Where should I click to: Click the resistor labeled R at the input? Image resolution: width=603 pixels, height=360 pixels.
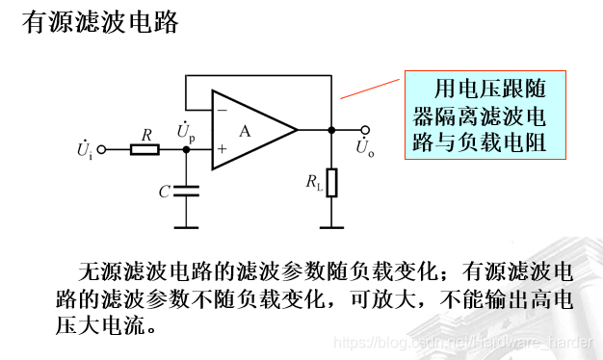coord(145,149)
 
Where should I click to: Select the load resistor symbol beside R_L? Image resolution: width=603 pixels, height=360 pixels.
coord(331,182)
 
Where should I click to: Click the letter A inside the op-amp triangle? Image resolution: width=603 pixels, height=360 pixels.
coord(246,131)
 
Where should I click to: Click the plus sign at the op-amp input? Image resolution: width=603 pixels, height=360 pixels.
coord(222,149)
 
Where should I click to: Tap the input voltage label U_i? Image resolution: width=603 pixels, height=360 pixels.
coord(84,150)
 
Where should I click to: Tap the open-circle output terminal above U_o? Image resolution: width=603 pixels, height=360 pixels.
coord(365,130)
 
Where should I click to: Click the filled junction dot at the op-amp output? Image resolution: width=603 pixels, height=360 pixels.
coord(331,130)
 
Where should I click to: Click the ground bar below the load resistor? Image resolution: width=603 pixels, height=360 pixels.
coord(331,226)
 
